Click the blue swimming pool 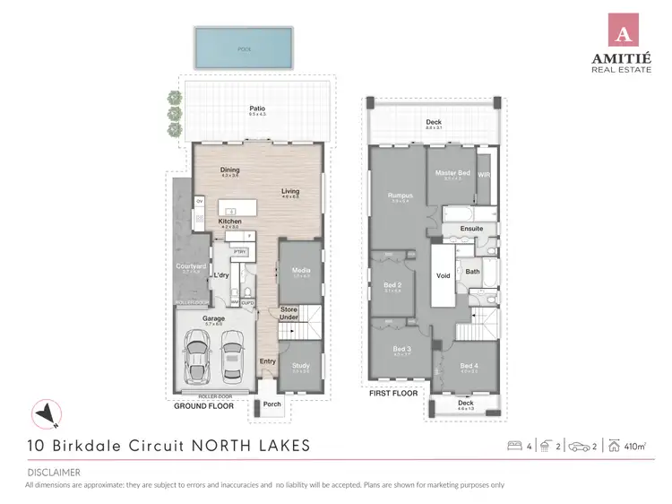click(244, 47)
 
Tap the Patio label click(257, 109)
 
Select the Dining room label click(230, 169)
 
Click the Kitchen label click(230, 222)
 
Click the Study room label click(300, 366)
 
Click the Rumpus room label click(400, 196)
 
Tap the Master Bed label click(452, 173)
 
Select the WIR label click(484, 175)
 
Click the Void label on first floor click(443, 276)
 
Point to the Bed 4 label click(469, 365)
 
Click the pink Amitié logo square click(624, 29)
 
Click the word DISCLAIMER click(53, 472)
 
